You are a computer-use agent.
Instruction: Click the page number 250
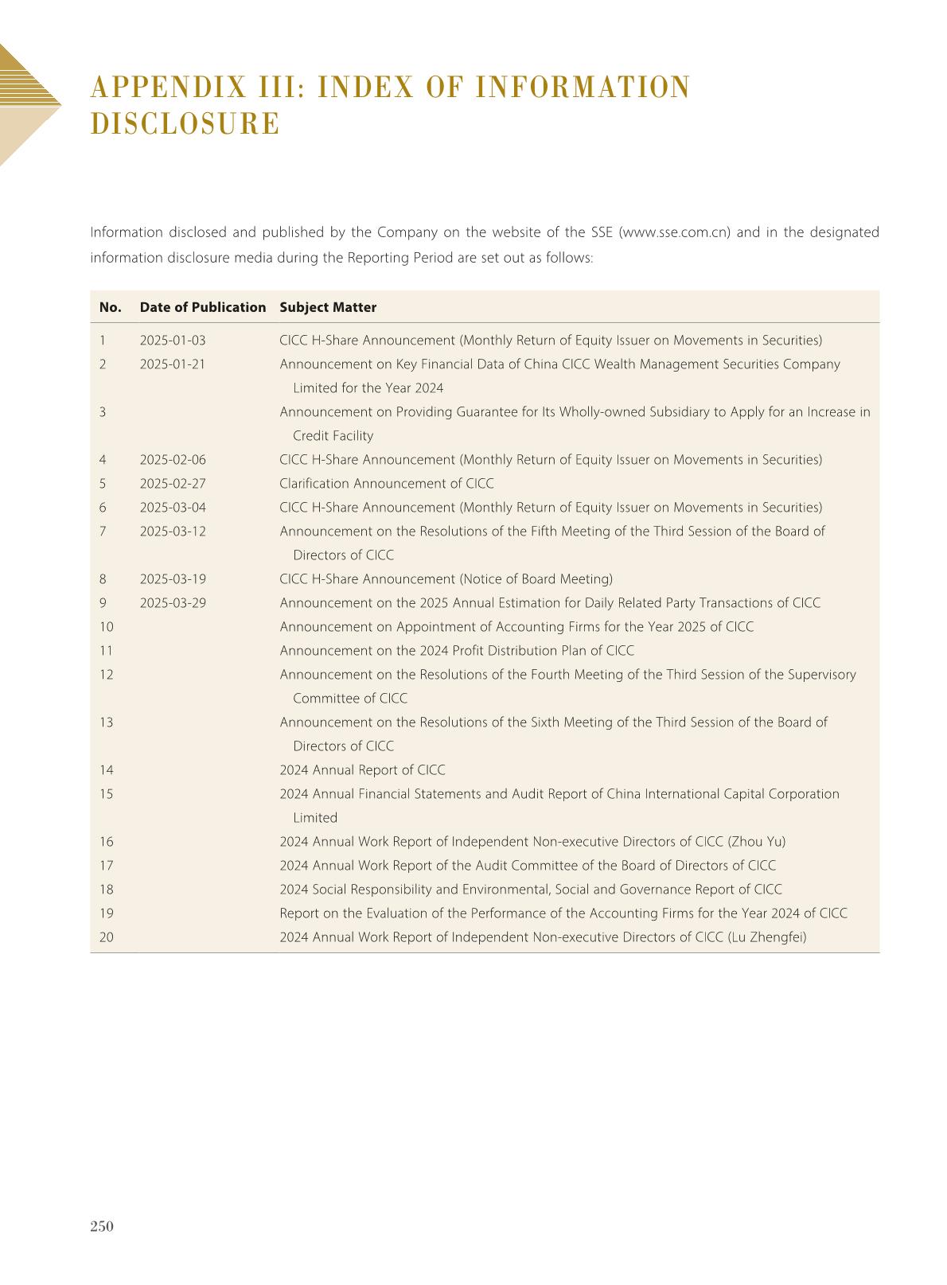pyautogui.click(x=102, y=1226)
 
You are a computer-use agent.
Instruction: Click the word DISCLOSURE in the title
pyautogui.click(x=185, y=124)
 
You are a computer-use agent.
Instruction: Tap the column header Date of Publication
pyautogui.click(x=203, y=307)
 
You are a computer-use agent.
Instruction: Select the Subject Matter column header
pyautogui.click(x=328, y=307)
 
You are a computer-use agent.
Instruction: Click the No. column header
pyautogui.click(x=110, y=307)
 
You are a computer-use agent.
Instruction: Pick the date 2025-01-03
pyautogui.click(x=173, y=341)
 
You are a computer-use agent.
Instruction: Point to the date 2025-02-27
pyautogui.click(x=173, y=484)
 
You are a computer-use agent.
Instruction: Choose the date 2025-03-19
pyautogui.click(x=173, y=579)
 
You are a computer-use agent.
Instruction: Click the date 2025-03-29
pyautogui.click(x=173, y=603)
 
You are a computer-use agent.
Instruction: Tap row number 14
pyautogui.click(x=107, y=770)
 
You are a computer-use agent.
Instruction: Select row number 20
pyautogui.click(x=107, y=937)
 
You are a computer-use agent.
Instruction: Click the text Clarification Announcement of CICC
pyautogui.click(x=386, y=484)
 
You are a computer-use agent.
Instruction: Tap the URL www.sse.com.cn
pyautogui.click(x=674, y=232)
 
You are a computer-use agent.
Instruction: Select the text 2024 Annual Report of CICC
pyautogui.click(x=362, y=770)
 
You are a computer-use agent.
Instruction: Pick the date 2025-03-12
pyautogui.click(x=173, y=532)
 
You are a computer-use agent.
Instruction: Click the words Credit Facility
pyautogui.click(x=333, y=436)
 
